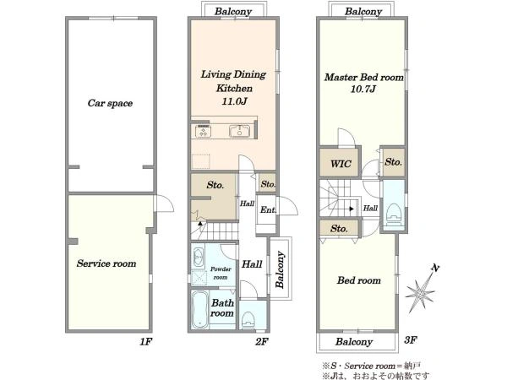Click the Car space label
pyautogui.click(x=110, y=103)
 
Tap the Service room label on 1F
pyautogui.click(x=106, y=263)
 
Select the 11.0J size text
pyautogui.click(x=234, y=101)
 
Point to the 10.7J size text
pyautogui.click(x=363, y=89)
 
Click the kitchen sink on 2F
pyautogui.click(x=239, y=131)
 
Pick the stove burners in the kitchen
pyautogui.click(x=203, y=132)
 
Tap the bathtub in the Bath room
pyautogui.click(x=199, y=310)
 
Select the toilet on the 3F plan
pyautogui.click(x=394, y=212)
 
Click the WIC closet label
pyautogui.click(x=341, y=164)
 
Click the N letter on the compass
pyautogui.click(x=435, y=268)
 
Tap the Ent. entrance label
pyautogui.click(x=268, y=209)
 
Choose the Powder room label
pyautogui.click(x=221, y=273)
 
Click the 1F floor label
pyautogui.click(x=145, y=341)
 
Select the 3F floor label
pyautogui.click(x=411, y=340)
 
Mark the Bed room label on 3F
pyautogui.click(x=359, y=280)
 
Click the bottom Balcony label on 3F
pyautogui.click(x=354, y=342)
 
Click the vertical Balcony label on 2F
pyautogui.click(x=280, y=269)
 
